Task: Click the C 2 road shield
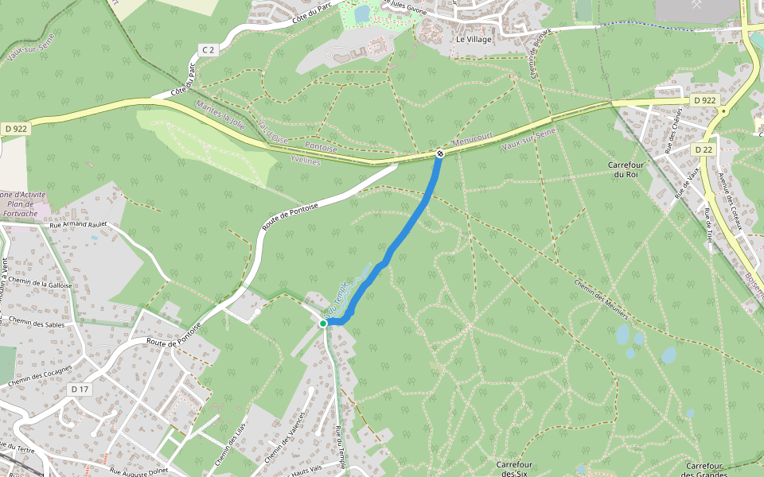point(208,50)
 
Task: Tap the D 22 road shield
point(703,149)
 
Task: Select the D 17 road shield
point(80,390)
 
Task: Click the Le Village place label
point(474,39)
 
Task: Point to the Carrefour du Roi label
point(623,169)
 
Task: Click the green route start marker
point(323,324)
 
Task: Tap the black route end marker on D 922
point(439,153)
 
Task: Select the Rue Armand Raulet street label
point(78,225)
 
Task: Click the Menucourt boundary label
point(473,143)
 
